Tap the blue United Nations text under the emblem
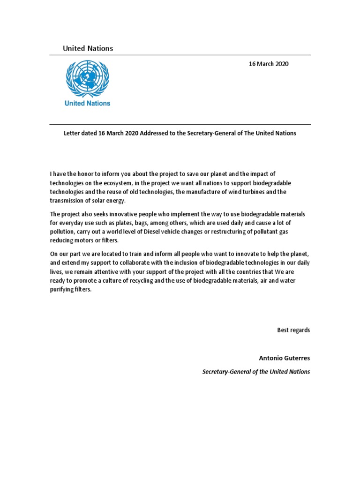click(x=88, y=103)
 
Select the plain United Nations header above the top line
click(x=88, y=48)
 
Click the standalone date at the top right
click(x=269, y=64)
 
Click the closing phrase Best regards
click(x=293, y=330)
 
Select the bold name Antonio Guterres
click(x=284, y=358)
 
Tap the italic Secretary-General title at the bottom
click(x=256, y=372)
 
